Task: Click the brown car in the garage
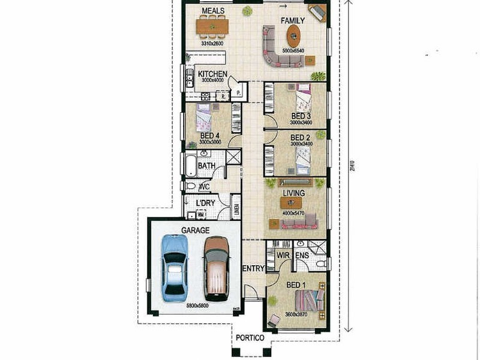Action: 216,268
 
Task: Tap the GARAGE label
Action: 195,230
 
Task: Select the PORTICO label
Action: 249,338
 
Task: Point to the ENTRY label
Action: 253,268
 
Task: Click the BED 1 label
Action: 296,284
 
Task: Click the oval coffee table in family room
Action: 292,38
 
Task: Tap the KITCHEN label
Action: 212,74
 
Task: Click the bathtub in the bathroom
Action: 190,165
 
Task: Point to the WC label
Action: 204,187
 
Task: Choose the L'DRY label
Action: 205,203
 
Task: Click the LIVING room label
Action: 295,193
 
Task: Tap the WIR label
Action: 283,255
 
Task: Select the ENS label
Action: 301,255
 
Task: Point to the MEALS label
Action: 213,11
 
